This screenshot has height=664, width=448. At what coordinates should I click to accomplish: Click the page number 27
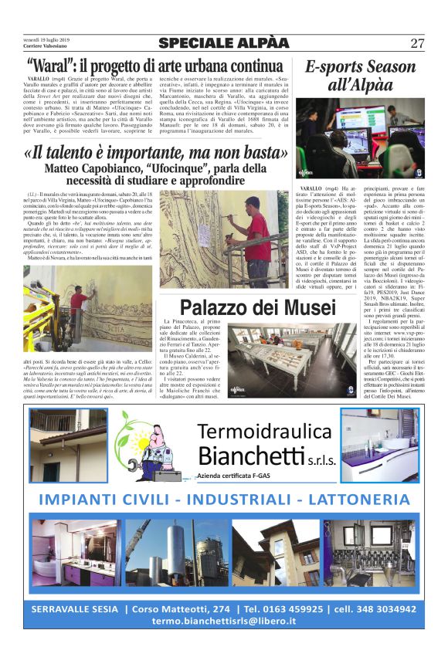(416, 43)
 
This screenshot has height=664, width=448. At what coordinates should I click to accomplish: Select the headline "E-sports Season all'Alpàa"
(360, 76)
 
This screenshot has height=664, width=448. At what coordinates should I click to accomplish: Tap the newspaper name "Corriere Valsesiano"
(48, 47)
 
